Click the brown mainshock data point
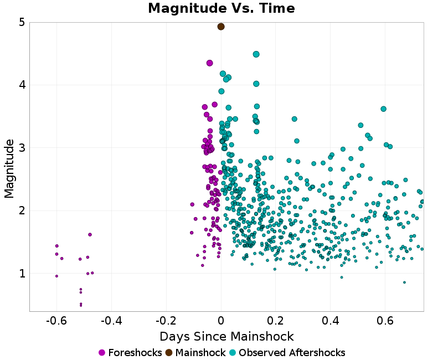coord(221,27)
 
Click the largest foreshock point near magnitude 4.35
coord(210,63)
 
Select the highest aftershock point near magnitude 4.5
coord(256,54)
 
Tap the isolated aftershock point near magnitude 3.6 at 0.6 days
coord(383,109)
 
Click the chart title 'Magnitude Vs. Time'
coord(221,9)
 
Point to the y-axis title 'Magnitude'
coord(9,168)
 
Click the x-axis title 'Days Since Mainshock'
coord(226,337)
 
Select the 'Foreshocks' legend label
coord(135,353)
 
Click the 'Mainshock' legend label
coord(200,353)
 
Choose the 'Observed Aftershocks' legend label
coord(292,353)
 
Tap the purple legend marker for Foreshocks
coord(102,353)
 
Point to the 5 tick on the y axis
coord(21,23)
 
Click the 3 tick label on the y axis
coord(21,148)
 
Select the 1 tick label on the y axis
coord(21,274)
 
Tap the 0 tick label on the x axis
coord(221,321)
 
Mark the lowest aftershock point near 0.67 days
coord(404,282)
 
